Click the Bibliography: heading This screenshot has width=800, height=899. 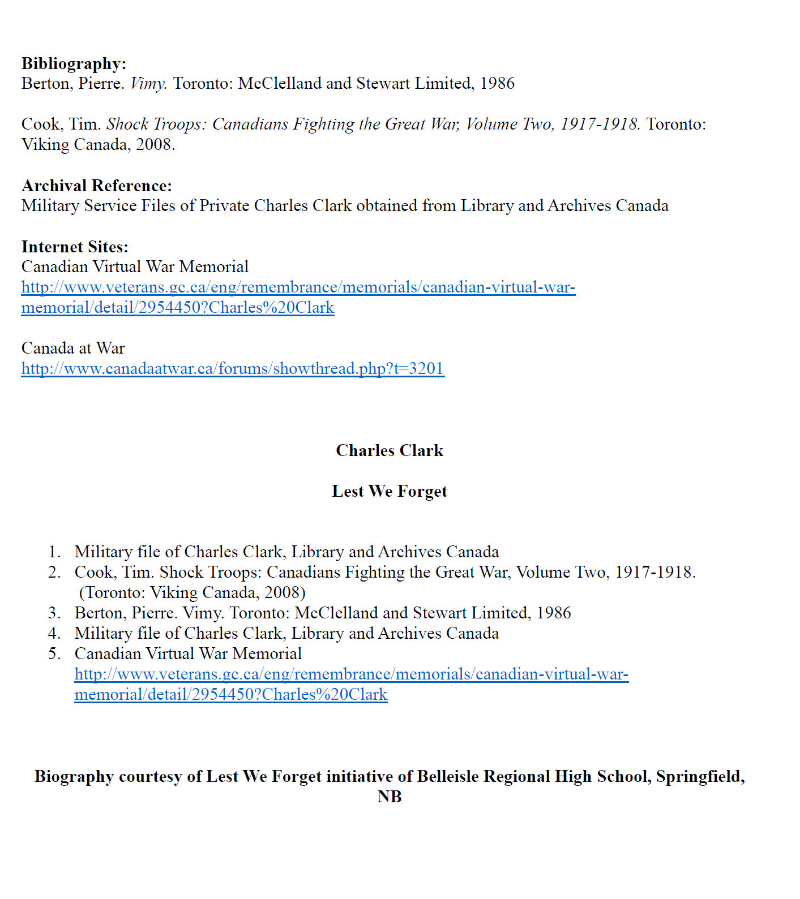pos(74,63)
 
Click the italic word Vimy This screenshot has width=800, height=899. pos(148,84)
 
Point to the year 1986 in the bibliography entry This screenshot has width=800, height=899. pos(497,84)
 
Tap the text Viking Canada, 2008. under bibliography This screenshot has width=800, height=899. pos(98,145)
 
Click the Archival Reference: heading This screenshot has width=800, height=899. pos(96,186)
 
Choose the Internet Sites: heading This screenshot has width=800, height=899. pos(75,247)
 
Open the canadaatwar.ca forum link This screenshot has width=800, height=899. pos(233,369)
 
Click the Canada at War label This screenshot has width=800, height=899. pos(73,349)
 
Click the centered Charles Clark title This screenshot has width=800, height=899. pos(390,450)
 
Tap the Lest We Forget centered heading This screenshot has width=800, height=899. pos(390,491)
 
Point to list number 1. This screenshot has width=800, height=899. pos(54,552)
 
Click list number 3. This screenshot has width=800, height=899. pos(54,613)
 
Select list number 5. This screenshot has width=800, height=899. pos(54,654)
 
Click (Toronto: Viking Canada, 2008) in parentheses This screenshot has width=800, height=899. pos(192,593)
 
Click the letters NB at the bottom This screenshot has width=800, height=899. pos(390,797)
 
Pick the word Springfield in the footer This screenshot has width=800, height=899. pos(699,776)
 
